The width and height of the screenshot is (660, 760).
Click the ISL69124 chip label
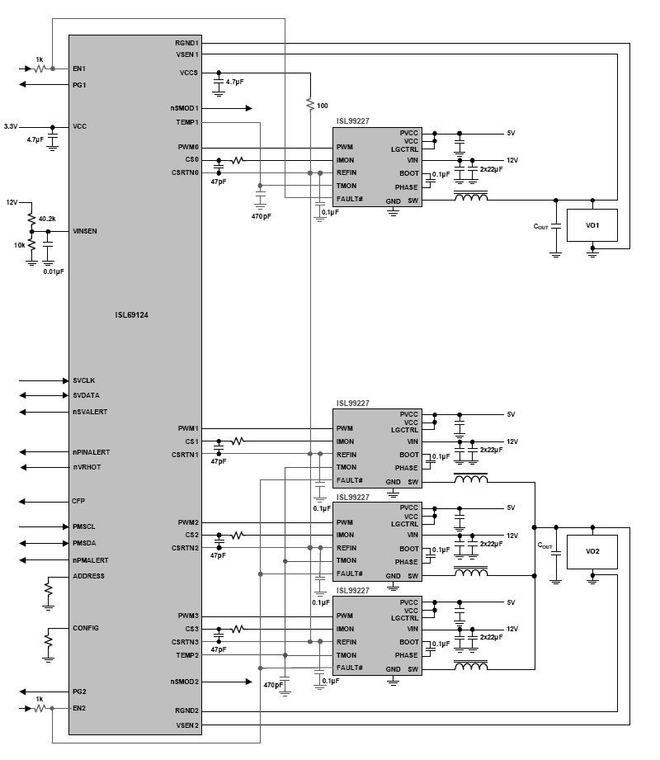132,314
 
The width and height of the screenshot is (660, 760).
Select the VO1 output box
592,225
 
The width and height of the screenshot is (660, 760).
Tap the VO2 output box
592,550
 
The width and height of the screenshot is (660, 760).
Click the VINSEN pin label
86,232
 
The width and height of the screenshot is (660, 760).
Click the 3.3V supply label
11,126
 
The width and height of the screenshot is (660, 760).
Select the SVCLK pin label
84,380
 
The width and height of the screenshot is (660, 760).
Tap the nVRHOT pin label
86,467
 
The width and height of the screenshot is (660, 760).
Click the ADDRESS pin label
88,576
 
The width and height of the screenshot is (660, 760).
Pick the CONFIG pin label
86,628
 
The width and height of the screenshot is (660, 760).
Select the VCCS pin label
188,73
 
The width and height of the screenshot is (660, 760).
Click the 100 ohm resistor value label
322,106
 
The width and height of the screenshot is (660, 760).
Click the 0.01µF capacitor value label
54,271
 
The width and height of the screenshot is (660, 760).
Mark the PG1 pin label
79,84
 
